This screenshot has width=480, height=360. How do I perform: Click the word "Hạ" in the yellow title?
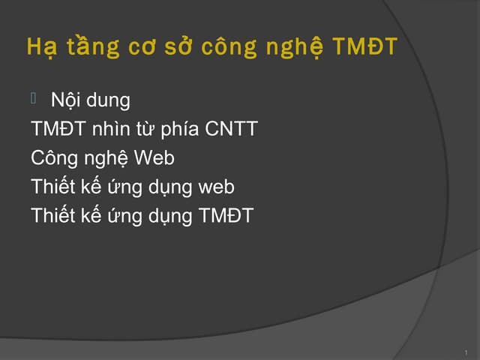click(x=39, y=48)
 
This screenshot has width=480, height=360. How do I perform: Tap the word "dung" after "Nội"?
click(x=108, y=100)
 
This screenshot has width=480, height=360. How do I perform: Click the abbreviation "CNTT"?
click(x=231, y=129)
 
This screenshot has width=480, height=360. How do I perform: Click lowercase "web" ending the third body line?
click(x=216, y=187)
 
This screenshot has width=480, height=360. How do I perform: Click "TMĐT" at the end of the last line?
click(x=226, y=217)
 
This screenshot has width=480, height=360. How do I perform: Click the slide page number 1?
click(x=466, y=351)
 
